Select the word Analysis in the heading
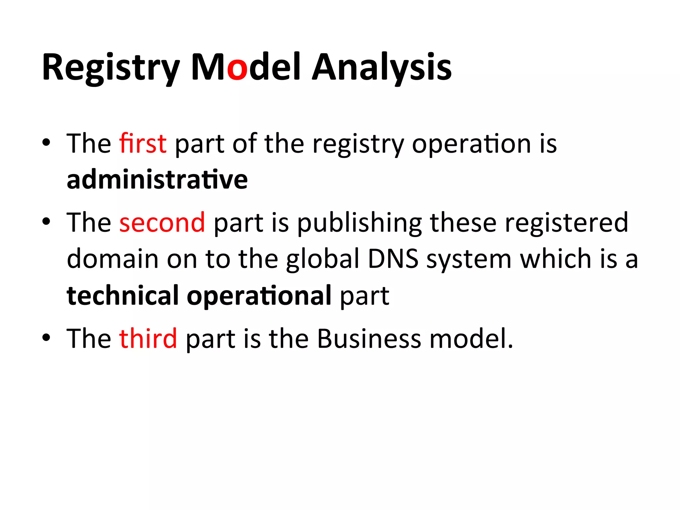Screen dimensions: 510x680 point(382,68)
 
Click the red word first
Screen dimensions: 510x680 point(143,143)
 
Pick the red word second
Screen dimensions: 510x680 point(162,222)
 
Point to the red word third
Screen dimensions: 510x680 point(148,338)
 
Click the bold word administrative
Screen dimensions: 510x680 point(157,180)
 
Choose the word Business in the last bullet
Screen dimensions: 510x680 point(369,338)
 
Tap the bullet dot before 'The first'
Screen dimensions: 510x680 point(46,143)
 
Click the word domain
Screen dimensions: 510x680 point(113,259)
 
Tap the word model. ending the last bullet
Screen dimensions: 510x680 point(471,338)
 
